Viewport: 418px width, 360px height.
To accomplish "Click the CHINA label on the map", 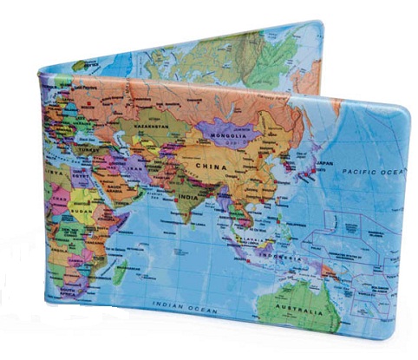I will coord(211,164).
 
